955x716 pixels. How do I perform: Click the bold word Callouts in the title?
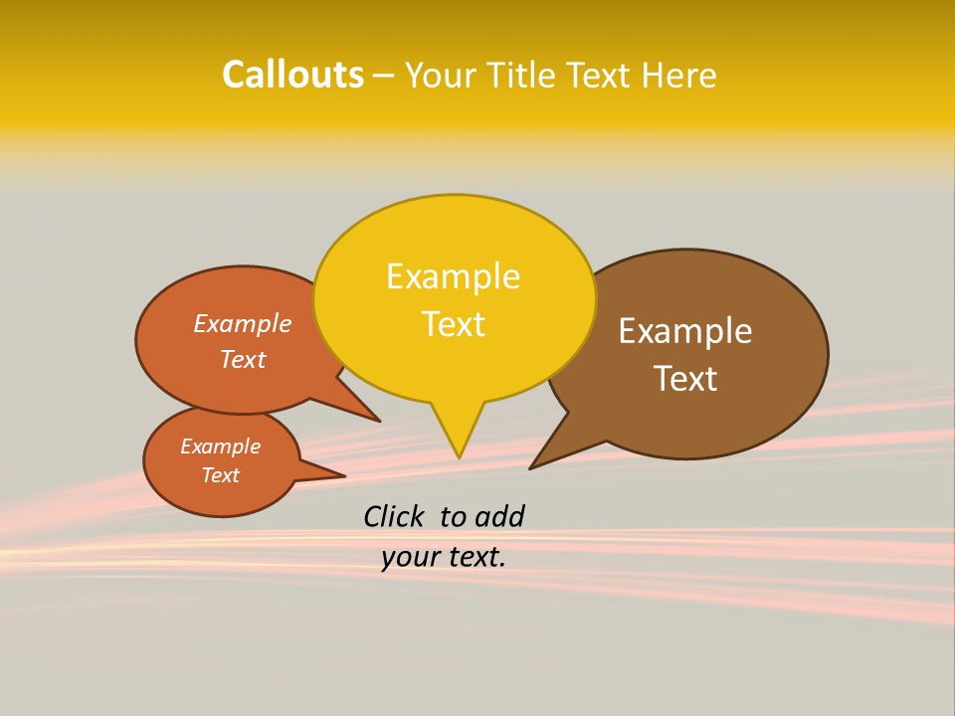(x=292, y=75)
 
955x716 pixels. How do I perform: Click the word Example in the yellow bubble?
(x=453, y=276)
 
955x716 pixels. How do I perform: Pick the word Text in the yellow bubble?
(x=453, y=324)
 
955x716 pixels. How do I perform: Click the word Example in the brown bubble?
(x=685, y=331)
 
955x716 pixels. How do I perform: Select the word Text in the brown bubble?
(x=685, y=379)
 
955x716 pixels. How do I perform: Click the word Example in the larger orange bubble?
(x=243, y=324)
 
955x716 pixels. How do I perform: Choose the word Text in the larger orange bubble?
(x=243, y=359)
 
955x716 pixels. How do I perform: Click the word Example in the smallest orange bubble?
(x=220, y=447)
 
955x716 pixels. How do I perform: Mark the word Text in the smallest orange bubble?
(x=220, y=475)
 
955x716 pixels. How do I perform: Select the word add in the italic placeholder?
(x=499, y=516)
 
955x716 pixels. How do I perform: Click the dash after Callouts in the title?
(x=384, y=76)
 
